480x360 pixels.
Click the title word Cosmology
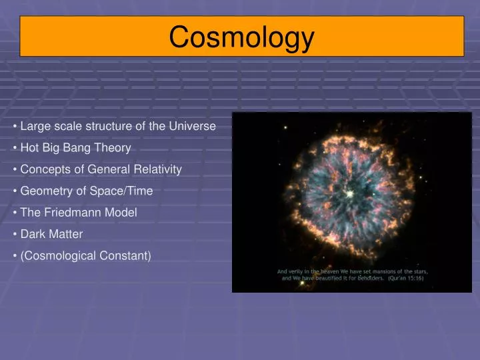pyautogui.click(x=241, y=37)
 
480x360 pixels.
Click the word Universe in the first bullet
pyautogui.click(x=192, y=126)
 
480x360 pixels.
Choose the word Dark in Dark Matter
pyautogui.click(x=33, y=234)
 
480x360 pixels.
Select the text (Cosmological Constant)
pyautogui.click(x=85, y=255)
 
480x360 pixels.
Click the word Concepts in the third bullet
pyautogui.click(x=43, y=169)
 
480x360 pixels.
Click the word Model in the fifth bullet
pyautogui.click(x=121, y=212)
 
